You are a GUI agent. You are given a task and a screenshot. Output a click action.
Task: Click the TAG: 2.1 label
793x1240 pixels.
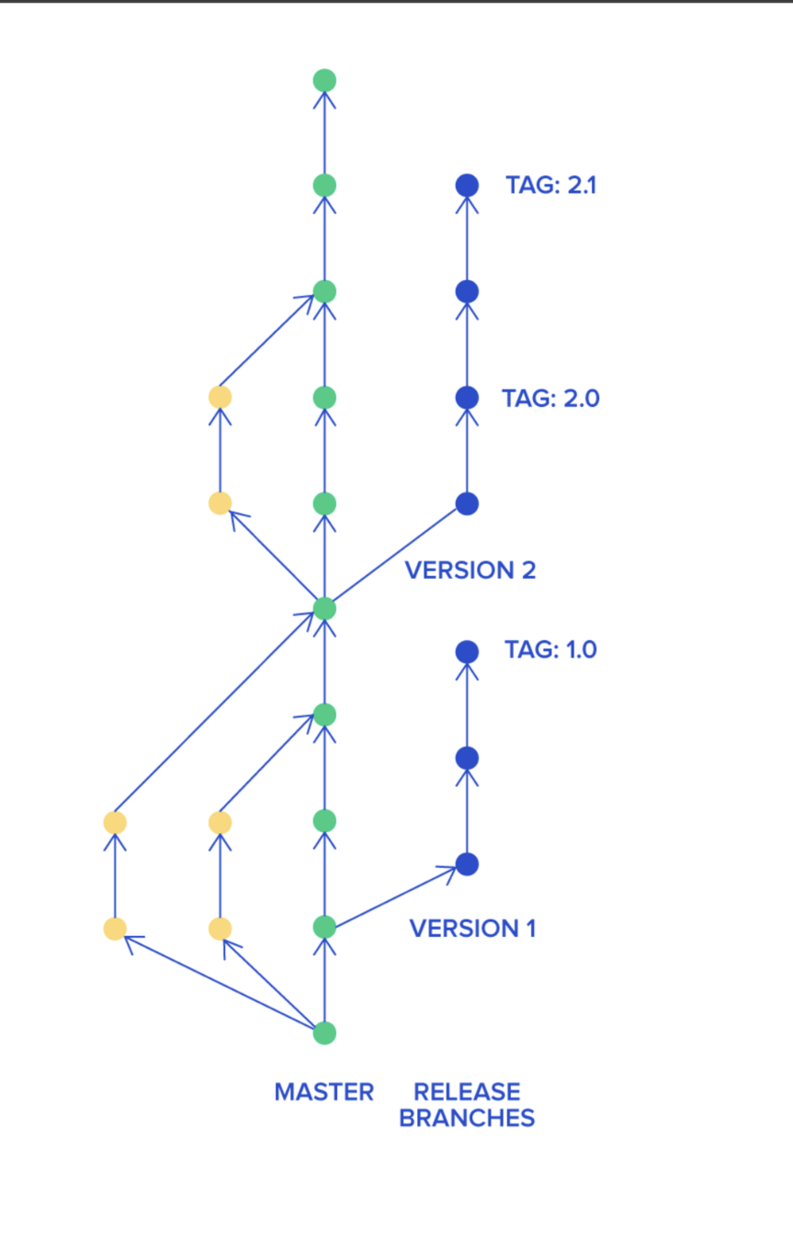[x=550, y=186]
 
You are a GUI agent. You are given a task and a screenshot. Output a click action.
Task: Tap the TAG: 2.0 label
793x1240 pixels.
[x=550, y=399]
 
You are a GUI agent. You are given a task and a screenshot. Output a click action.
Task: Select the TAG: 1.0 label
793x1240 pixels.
[x=550, y=650]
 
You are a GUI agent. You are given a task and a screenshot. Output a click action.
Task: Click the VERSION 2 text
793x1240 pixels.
[x=470, y=570]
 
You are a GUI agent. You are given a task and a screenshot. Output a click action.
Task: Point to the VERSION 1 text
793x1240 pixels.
[x=472, y=929]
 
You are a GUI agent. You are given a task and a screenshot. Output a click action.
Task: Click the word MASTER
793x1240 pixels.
[x=324, y=1092]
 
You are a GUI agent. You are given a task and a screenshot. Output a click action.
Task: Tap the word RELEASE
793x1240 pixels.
[x=467, y=1092]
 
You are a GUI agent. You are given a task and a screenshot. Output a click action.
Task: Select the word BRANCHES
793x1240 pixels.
[x=467, y=1118]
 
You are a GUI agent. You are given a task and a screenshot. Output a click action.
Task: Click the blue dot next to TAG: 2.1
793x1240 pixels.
[x=467, y=186]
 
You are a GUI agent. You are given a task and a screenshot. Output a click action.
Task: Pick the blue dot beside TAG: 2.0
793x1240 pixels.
[x=467, y=398]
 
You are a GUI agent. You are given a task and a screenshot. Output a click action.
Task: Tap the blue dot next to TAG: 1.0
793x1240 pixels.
[x=467, y=651]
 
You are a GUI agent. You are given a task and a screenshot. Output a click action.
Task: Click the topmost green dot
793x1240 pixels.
[x=324, y=80]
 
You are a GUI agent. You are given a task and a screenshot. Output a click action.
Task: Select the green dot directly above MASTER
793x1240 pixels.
[x=324, y=1033]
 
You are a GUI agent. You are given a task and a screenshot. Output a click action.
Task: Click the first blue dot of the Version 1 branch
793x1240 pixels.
[x=467, y=864]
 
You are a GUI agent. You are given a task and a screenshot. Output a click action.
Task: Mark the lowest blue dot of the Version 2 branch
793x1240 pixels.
[x=467, y=503]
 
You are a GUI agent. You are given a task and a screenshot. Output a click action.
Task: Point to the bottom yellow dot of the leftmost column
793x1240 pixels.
[x=115, y=929]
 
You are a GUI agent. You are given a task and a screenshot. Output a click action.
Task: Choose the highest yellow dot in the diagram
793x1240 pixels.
[x=220, y=397]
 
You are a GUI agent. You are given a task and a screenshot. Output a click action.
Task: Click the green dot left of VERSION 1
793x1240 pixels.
[x=324, y=927]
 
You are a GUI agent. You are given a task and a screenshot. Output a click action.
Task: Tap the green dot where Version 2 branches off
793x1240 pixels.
[x=324, y=608]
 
